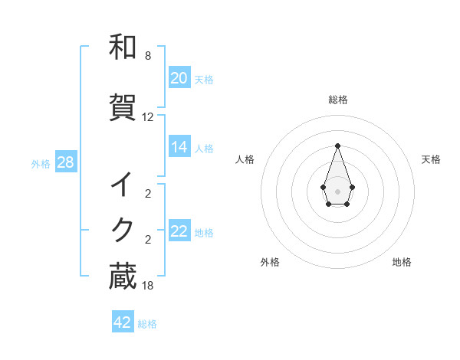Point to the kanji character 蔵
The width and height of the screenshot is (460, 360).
pos(123,277)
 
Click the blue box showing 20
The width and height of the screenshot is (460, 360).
pos(179,78)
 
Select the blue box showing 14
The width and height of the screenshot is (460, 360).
pos(179,147)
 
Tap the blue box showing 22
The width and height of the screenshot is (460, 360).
pos(179,232)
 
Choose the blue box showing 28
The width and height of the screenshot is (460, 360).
pos(65,162)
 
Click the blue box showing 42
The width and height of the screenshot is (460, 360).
pos(123,322)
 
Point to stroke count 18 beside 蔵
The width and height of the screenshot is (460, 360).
pos(148,286)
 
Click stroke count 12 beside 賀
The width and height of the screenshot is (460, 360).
pos(148,117)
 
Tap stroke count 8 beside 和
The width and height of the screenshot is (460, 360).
pos(148,56)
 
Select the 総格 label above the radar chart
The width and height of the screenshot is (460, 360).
pos(338,100)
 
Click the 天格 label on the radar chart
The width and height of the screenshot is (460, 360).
pos(432,159)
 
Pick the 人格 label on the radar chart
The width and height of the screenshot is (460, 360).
pos(245,159)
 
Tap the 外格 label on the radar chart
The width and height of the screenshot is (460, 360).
pos(270,263)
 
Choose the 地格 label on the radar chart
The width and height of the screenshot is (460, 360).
pos(402,263)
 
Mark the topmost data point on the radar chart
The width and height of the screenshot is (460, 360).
pos(337,145)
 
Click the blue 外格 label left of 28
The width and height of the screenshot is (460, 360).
pos(41,163)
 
